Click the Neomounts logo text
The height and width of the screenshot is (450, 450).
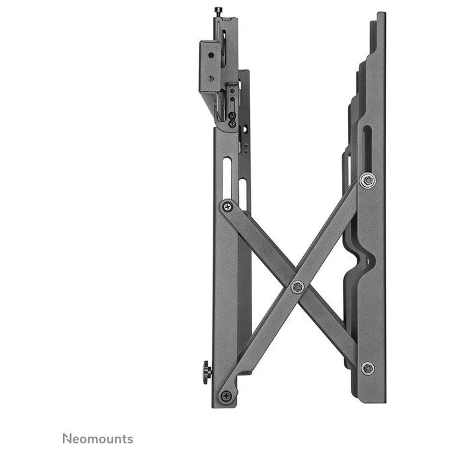pyautogui.click(x=98, y=439)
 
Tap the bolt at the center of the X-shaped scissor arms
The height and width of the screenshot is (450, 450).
pyautogui.click(x=298, y=287)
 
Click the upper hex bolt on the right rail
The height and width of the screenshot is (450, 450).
pyautogui.click(x=368, y=181)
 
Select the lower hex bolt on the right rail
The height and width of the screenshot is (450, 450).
pyautogui.click(x=368, y=368)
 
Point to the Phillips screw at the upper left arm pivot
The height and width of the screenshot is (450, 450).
pyautogui.click(x=228, y=206)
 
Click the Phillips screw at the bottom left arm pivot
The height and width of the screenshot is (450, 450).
pyautogui.click(x=226, y=396)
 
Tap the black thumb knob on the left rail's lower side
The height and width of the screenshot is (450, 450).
pyautogui.click(x=207, y=373)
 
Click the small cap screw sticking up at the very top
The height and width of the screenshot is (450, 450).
pyautogui.click(x=218, y=12)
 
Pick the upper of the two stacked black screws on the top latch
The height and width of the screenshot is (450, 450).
pyautogui.click(x=232, y=116)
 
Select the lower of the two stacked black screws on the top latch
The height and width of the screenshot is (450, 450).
pyautogui.click(x=233, y=124)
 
